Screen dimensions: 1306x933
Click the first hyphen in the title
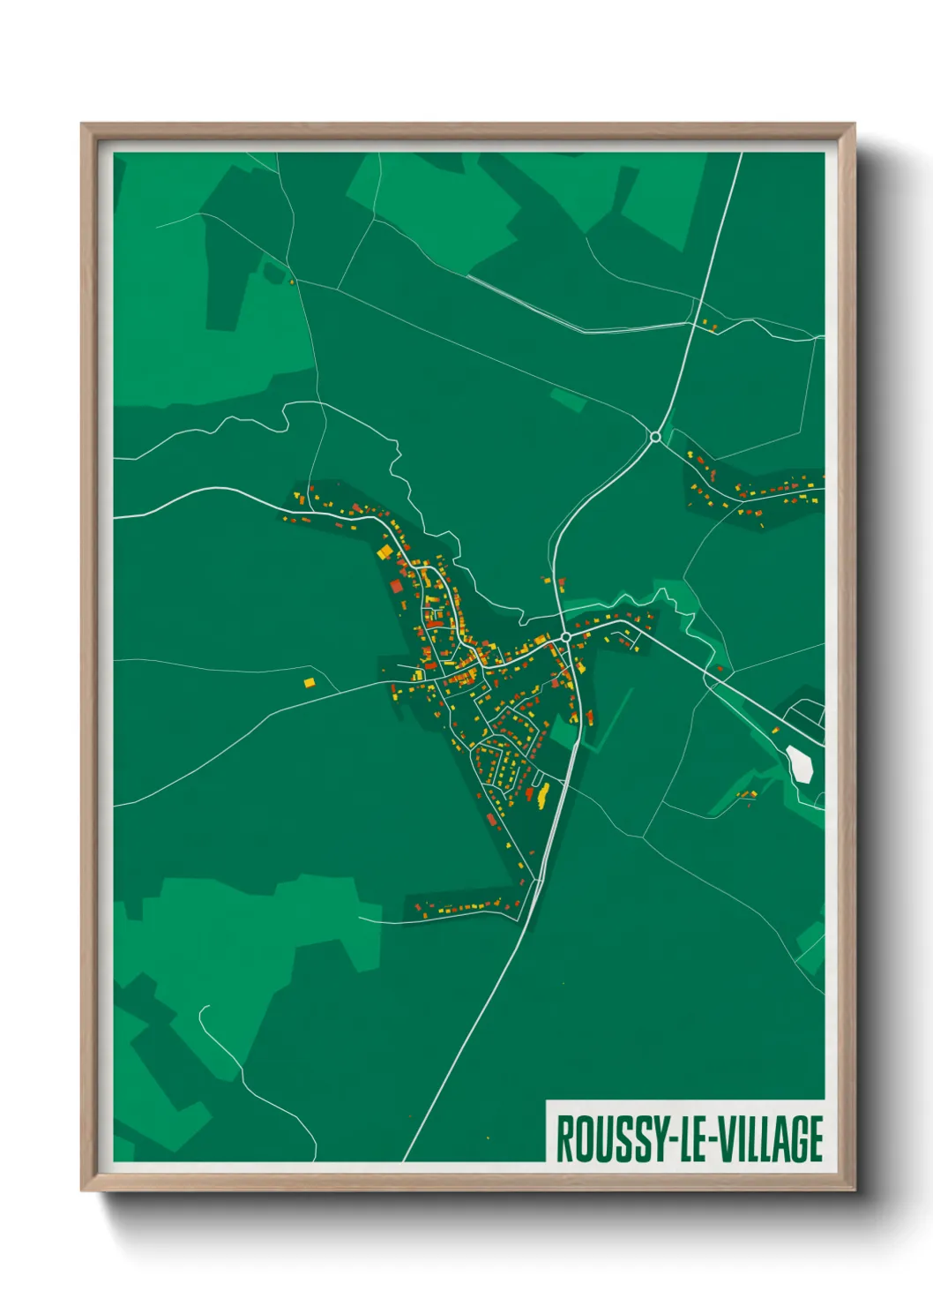point(668,1139)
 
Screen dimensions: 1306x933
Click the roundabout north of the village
point(655,436)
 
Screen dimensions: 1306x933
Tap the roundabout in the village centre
point(565,636)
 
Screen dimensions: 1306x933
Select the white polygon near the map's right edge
point(800,762)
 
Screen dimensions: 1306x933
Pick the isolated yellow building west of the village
point(309,682)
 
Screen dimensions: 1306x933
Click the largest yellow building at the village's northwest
point(384,552)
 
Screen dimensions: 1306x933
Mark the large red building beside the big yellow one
point(397,586)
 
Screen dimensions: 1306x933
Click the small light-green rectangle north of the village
point(568,399)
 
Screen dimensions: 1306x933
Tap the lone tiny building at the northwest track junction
point(292,282)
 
